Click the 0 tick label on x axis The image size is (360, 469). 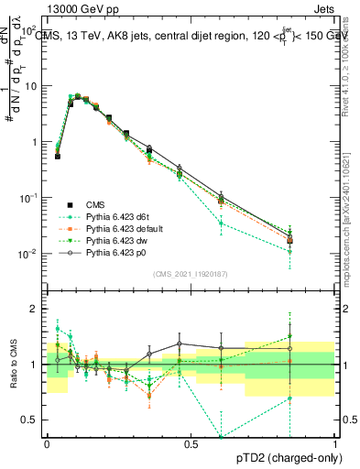(46, 443)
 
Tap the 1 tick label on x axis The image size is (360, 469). (334, 443)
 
